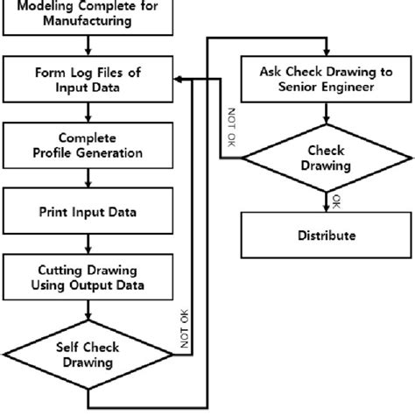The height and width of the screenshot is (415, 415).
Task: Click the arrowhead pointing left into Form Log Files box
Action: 178,79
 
